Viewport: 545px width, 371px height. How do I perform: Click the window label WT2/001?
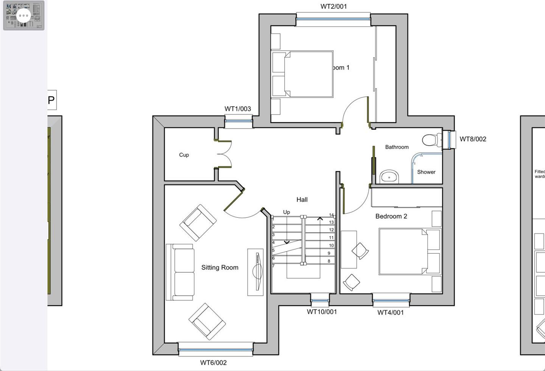(x=333, y=6)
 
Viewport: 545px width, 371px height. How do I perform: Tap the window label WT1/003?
(x=238, y=109)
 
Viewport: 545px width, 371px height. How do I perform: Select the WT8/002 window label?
(x=473, y=139)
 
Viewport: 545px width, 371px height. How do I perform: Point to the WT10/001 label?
(x=322, y=312)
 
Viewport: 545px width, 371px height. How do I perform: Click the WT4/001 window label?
(x=390, y=313)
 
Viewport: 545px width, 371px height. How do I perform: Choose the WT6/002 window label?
(x=213, y=363)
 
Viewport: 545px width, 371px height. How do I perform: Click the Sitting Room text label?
(x=220, y=267)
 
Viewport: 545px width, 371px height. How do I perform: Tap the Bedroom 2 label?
(x=391, y=216)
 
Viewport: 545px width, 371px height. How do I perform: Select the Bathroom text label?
(x=397, y=147)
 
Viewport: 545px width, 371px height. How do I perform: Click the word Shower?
(x=426, y=172)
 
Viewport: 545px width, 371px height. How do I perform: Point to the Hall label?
(x=302, y=200)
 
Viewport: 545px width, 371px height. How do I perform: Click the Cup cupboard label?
(x=184, y=155)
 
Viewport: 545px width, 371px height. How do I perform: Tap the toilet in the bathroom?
(x=431, y=140)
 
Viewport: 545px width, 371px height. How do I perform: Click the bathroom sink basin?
(x=389, y=177)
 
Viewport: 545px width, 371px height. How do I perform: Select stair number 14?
(x=331, y=215)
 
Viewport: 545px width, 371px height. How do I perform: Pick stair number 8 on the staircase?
(x=329, y=261)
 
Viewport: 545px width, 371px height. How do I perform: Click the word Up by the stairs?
(x=287, y=212)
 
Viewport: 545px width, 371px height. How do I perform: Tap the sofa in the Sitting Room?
(x=181, y=272)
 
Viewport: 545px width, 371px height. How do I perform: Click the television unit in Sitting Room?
(x=256, y=272)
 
